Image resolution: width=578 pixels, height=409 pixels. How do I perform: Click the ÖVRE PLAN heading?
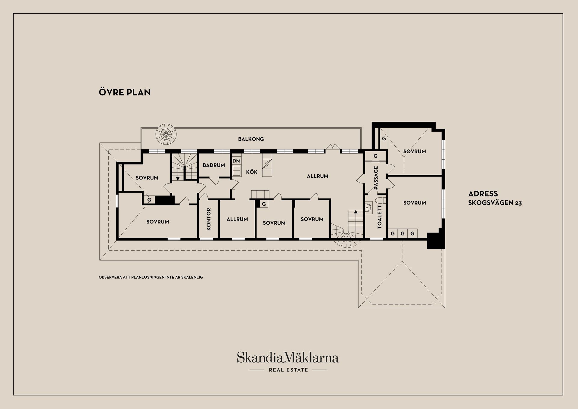click(x=125, y=92)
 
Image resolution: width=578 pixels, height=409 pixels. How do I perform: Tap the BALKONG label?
click(x=251, y=139)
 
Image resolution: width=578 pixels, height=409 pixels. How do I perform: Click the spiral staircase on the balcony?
click(x=166, y=134)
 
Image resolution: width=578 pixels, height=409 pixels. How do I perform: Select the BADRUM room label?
click(x=214, y=165)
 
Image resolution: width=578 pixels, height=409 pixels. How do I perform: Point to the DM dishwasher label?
click(x=236, y=161)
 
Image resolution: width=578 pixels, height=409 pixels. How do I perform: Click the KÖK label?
click(x=252, y=172)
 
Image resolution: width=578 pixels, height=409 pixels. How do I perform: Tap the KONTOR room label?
click(x=209, y=219)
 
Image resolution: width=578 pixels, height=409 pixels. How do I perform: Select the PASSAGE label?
click(x=376, y=178)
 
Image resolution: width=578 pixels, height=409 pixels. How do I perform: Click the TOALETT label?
click(x=379, y=217)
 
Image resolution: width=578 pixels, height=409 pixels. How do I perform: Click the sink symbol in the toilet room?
click(x=368, y=207)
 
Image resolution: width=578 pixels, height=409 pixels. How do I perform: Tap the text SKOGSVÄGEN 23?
click(x=495, y=203)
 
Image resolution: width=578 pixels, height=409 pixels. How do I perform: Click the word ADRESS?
click(x=483, y=194)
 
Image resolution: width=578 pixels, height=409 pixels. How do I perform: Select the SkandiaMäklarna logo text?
click(x=287, y=358)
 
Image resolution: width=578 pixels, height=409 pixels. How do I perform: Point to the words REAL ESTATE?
click(x=288, y=370)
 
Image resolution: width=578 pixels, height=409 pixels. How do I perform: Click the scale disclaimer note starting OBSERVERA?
click(x=151, y=277)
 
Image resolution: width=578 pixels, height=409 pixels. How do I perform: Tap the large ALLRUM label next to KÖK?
click(x=317, y=176)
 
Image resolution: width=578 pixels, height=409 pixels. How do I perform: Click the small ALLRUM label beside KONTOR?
click(x=237, y=219)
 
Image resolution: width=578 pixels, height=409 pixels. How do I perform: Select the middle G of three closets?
click(x=402, y=233)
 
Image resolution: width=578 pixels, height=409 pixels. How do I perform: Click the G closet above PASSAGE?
click(x=375, y=156)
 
